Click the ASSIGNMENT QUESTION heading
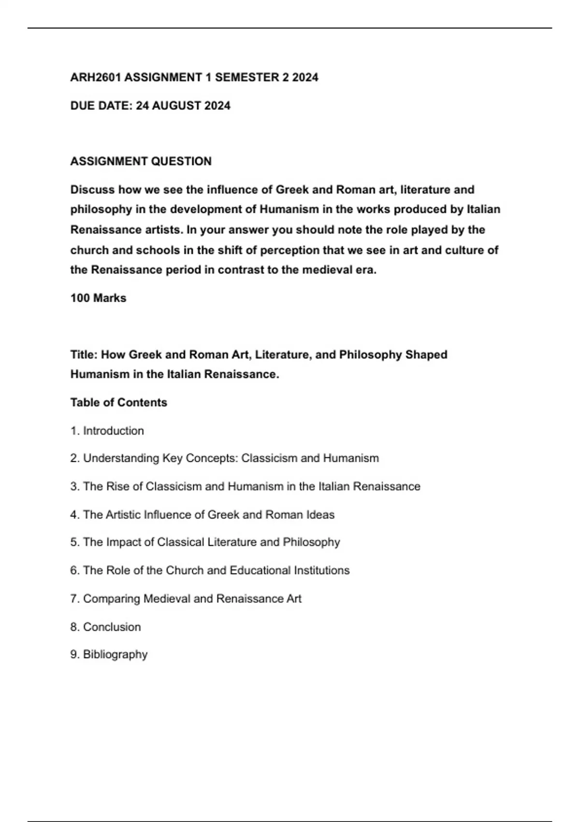(x=141, y=161)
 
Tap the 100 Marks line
(x=98, y=298)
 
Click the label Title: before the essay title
(x=84, y=354)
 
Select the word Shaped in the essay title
(x=426, y=354)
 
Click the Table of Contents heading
(x=118, y=402)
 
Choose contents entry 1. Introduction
(x=107, y=431)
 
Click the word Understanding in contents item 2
(x=121, y=458)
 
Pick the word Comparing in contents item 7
(x=112, y=599)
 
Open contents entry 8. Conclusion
(x=105, y=627)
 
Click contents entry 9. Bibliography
(x=109, y=655)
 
